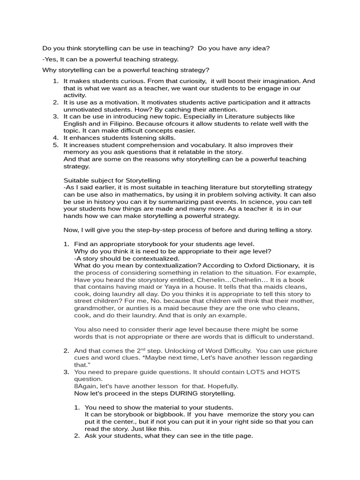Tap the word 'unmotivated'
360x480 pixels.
[x=82, y=109]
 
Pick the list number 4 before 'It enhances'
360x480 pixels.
[x=55, y=138]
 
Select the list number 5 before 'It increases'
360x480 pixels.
[x=55, y=145]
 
